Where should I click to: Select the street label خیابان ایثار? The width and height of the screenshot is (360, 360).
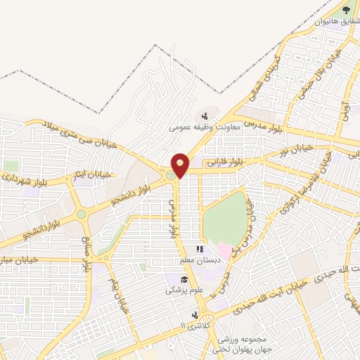[x=94, y=172]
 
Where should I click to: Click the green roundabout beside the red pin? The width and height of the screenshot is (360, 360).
[x=171, y=174]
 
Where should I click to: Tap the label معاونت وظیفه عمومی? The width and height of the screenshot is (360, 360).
[x=205, y=127]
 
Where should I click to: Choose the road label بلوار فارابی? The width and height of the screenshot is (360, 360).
[x=225, y=162]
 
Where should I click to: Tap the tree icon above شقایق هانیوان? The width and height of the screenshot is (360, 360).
[x=345, y=11]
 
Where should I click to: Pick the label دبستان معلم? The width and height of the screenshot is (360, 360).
[x=202, y=260]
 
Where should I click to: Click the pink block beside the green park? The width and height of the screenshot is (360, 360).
[x=224, y=249]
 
